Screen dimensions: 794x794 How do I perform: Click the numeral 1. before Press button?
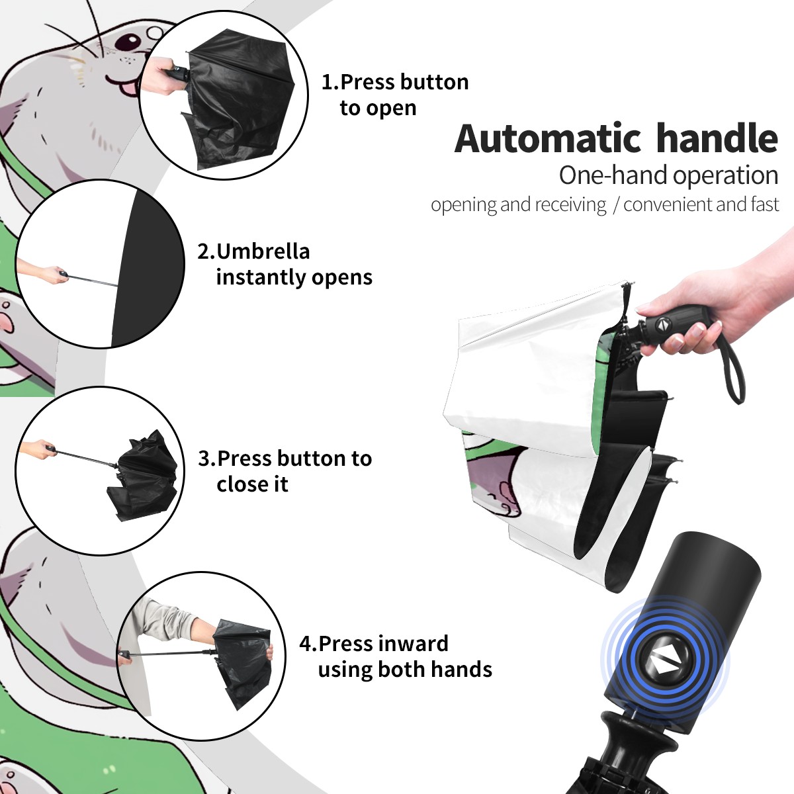(x=330, y=82)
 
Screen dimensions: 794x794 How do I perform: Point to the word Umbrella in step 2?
(x=263, y=251)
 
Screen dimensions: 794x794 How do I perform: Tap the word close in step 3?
(x=240, y=484)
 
